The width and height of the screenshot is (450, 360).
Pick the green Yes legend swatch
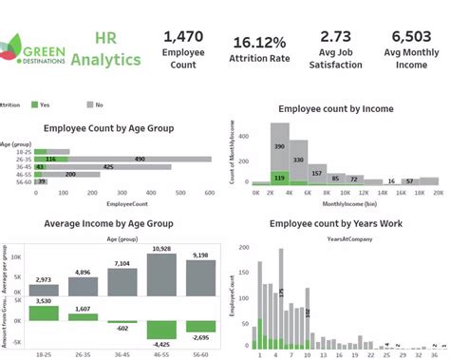click(x=34, y=105)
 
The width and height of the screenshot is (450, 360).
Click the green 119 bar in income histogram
click(x=279, y=177)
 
